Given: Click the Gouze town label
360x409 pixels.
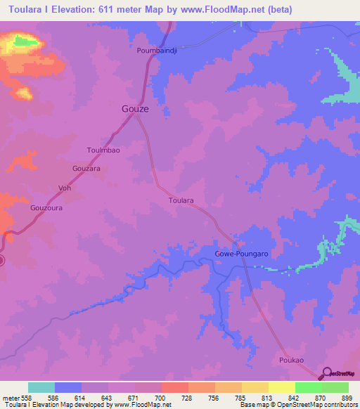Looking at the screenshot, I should (x=130, y=110).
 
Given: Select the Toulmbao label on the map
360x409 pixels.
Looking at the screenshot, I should (x=103, y=150).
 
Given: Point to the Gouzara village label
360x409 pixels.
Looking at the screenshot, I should (x=87, y=169).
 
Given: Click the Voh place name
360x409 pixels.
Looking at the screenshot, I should (x=65, y=188).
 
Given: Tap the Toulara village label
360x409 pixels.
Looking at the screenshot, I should (x=181, y=200).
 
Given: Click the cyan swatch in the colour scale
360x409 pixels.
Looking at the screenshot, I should (x=41, y=387).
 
